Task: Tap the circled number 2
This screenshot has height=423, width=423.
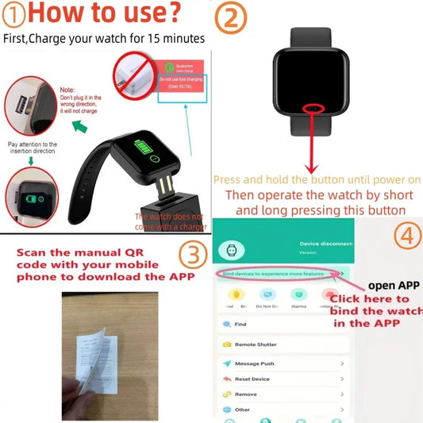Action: (x=232, y=17)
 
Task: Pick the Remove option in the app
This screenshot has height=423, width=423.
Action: (x=245, y=394)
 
